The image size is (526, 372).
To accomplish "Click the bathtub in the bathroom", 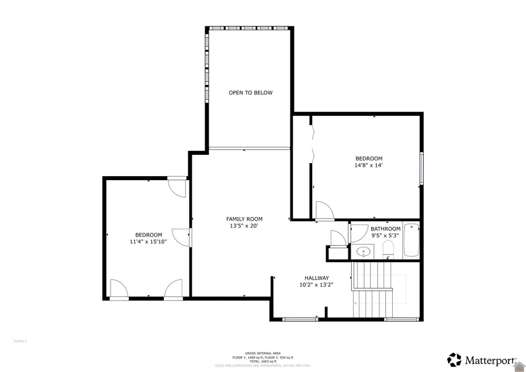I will pyautogui.click(x=411, y=240).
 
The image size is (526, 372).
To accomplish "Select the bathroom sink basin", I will pyautogui.click(x=364, y=253).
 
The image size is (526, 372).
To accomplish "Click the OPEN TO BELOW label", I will pyautogui.click(x=250, y=92).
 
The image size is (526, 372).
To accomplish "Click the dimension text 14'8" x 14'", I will pyautogui.click(x=369, y=166).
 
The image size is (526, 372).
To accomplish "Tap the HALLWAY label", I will pyautogui.click(x=316, y=278).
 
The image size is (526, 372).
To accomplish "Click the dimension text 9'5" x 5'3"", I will pyautogui.click(x=385, y=236).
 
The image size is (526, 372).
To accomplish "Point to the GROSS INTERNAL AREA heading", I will pyautogui.click(x=262, y=353).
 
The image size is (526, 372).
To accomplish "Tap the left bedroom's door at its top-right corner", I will pyautogui.click(x=176, y=187).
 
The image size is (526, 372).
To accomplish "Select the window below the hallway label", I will pyautogui.click(x=300, y=319).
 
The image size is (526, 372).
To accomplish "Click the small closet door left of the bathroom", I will pyautogui.click(x=337, y=239).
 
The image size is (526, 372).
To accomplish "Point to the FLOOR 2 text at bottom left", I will pyautogui.click(x=20, y=340).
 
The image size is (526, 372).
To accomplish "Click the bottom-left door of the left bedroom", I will pyautogui.click(x=118, y=289).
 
